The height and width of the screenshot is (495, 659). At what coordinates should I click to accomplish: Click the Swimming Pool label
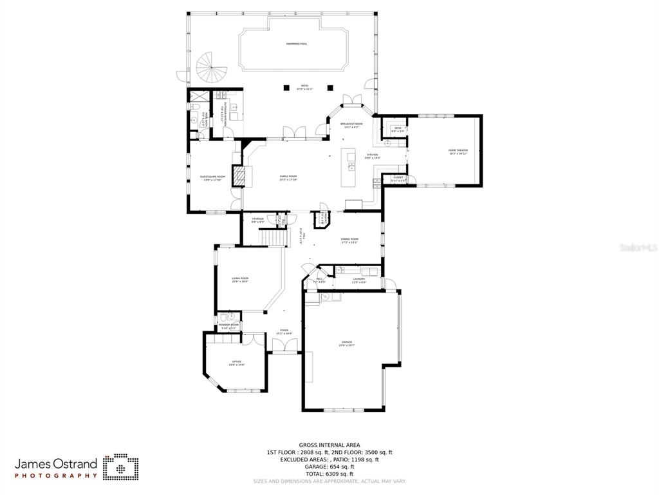point(297,44)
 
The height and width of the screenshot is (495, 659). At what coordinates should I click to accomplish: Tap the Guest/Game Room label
point(212,178)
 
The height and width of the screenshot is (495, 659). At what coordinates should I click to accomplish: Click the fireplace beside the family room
point(239,176)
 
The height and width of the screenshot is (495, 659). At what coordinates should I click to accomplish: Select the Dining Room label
point(349,240)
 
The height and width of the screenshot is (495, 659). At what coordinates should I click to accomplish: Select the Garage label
point(347,344)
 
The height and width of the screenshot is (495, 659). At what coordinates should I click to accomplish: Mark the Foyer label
point(284,331)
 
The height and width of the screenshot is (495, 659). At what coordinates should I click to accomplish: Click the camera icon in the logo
point(121,467)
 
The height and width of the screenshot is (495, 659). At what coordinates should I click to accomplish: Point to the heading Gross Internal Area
point(329,445)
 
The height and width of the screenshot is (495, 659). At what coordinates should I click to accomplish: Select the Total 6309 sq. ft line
point(329,474)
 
